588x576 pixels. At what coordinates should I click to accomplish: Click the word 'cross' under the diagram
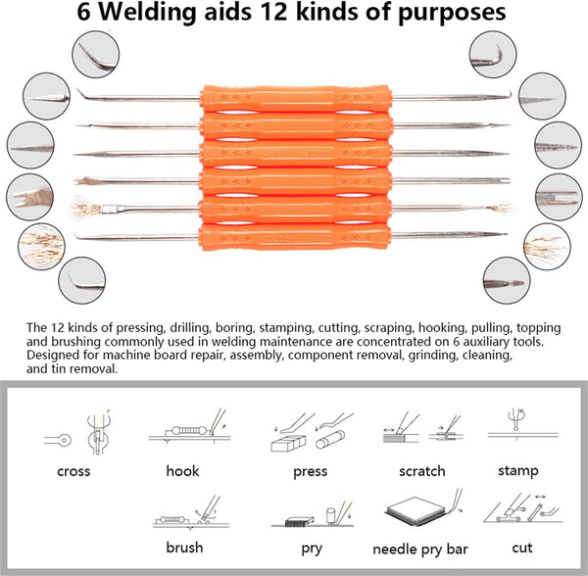(73, 471)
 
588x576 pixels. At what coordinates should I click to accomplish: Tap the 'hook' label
(182, 470)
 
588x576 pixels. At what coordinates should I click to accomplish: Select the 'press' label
(310, 471)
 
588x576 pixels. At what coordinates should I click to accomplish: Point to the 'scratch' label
(421, 471)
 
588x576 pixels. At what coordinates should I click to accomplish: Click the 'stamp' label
(517, 470)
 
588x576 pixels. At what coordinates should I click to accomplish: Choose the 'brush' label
(184, 548)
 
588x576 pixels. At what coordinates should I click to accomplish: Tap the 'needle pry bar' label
(420, 550)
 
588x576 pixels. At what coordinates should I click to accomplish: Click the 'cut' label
(522, 548)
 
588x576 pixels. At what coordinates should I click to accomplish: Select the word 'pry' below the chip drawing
(312, 549)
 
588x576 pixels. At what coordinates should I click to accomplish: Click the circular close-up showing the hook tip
(493, 54)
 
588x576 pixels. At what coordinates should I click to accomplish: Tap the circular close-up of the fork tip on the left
(29, 197)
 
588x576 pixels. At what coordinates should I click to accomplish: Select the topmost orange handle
(296, 99)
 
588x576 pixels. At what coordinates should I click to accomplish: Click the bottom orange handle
(295, 236)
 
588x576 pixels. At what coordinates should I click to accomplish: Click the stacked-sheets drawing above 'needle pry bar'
(416, 510)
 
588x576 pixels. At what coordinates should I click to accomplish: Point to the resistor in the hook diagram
(189, 431)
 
